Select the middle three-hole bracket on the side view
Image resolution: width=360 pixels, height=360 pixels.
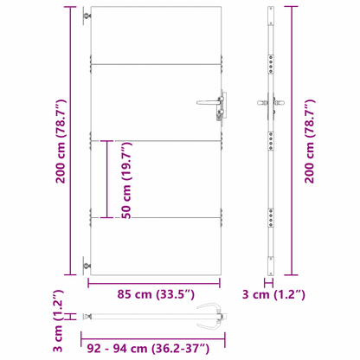point(273,142)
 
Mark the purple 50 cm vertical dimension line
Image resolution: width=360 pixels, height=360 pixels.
point(108,179)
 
